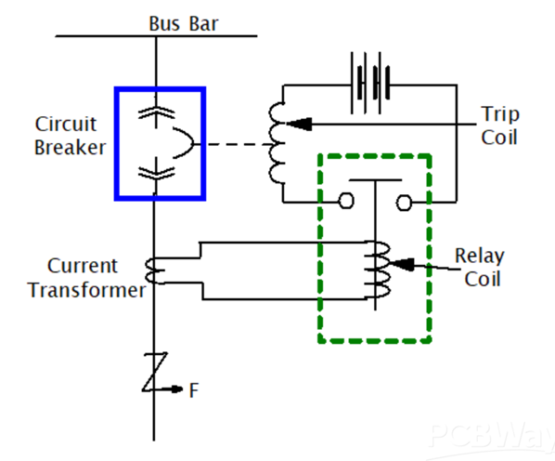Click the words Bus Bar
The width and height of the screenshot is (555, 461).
tap(184, 24)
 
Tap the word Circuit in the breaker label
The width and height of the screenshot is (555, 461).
tap(66, 124)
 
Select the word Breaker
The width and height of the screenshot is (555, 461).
tap(71, 148)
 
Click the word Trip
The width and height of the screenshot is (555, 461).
tap(500, 115)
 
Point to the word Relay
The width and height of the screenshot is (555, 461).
tap(480, 256)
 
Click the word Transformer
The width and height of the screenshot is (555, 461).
tap(86, 290)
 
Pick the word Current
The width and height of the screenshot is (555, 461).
tap(82, 266)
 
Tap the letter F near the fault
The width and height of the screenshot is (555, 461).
tap(194, 390)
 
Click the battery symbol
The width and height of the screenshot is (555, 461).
tap(370, 84)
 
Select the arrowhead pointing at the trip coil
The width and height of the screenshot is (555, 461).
tap(299, 124)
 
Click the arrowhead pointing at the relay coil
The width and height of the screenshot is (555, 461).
tap(401, 264)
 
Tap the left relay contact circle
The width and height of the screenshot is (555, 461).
tap(346, 202)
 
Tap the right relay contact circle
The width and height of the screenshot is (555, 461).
tap(404, 203)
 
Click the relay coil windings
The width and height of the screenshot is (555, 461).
tap(380, 270)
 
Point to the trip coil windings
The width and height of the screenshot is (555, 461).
tap(277, 143)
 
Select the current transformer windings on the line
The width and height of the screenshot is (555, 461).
tap(155, 271)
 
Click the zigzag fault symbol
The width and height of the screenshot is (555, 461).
tap(155, 372)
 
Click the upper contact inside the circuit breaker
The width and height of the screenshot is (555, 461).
tap(156, 112)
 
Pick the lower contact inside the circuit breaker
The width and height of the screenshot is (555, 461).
tap(156, 173)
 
